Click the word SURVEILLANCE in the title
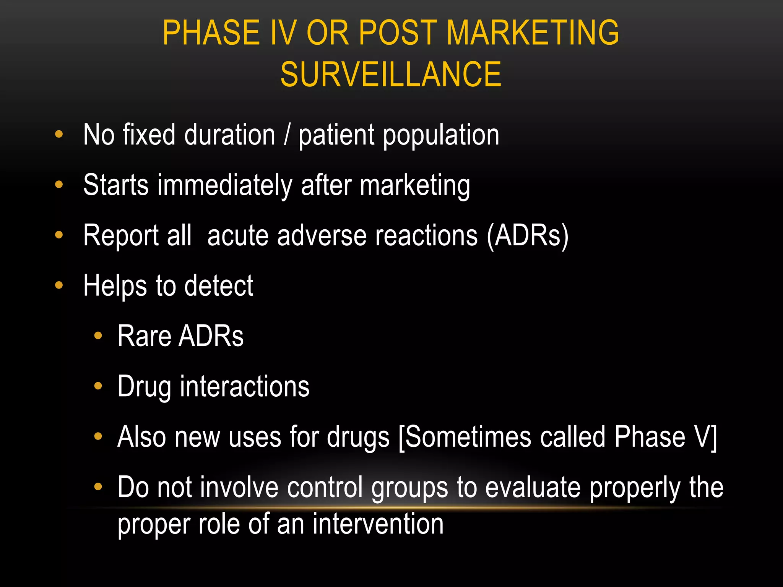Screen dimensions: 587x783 pos(391,75)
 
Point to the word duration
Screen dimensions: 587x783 pos(229,135)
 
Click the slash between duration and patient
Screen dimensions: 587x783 pos(287,135)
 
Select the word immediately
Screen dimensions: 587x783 pos(225,185)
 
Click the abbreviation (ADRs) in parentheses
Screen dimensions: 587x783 pos(528,235)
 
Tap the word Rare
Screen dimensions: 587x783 pos(144,336)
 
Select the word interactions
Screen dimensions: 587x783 pos(245,386)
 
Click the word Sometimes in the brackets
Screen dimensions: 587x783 pos(468,437)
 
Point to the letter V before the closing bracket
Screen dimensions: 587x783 pos(702,437)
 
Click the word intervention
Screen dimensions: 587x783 pos(378,524)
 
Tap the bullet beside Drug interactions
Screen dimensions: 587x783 pos(98,386)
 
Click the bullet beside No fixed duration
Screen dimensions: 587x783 pos(59,135)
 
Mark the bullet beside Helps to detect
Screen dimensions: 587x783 pos(59,285)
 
